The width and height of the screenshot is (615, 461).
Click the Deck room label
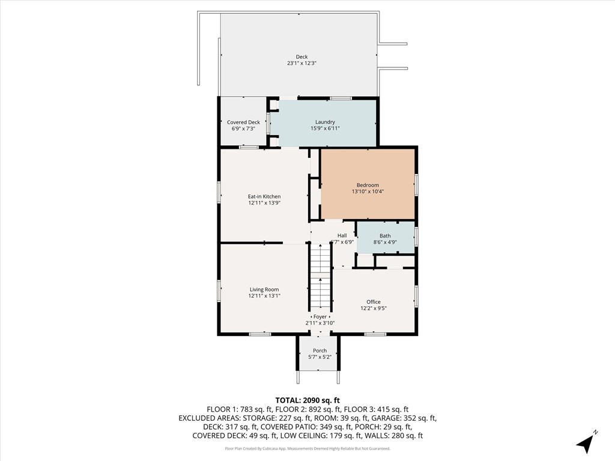pos(301,57)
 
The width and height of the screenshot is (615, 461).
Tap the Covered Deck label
pos(243,122)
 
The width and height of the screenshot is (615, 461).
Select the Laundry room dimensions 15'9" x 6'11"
pos(325,128)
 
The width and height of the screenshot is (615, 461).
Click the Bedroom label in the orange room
pos(368,185)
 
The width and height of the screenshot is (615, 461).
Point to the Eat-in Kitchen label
pos(264,196)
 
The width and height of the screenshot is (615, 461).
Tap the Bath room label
pos(385,236)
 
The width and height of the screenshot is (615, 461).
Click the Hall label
pos(342,235)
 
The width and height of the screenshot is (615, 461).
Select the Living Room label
pos(264,289)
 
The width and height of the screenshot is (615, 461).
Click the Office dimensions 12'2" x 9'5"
pos(374,309)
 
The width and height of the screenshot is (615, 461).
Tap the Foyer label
pos(320,316)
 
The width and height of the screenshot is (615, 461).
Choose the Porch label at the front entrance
pos(320,351)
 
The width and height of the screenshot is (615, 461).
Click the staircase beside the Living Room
pos(321,276)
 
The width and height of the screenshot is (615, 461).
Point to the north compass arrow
pos(586,442)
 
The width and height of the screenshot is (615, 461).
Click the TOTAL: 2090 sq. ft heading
pos(307,400)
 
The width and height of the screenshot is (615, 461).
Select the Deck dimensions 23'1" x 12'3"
pos(301,64)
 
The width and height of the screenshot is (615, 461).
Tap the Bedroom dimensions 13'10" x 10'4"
pos(368,191)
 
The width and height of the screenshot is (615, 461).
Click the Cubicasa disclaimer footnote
pos(307,448)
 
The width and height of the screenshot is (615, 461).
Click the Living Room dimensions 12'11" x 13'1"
pos(264,296)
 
